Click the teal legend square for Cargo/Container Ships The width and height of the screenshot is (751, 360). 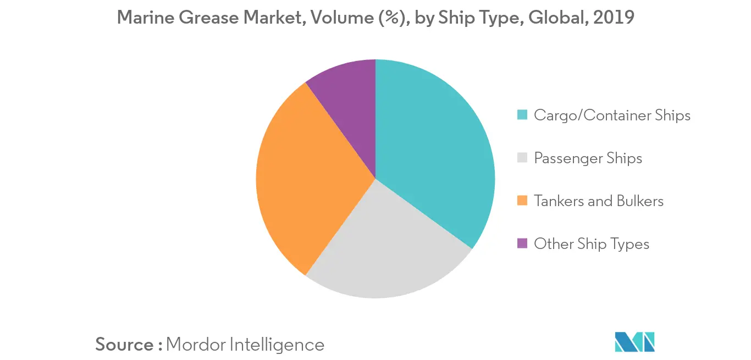pyautogui.click(x=523, y=115)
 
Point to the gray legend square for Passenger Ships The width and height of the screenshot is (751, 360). pyautogui.click(x=523, y=158)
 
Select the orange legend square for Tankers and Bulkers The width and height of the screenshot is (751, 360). pyautogui.click(x=523, y=201)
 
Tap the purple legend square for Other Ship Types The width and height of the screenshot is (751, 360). pyautogui.click(x=523, y=243)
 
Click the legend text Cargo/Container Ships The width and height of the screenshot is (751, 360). pyautogui.click(x=612, y=115)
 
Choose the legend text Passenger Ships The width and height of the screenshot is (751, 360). pyautogui.click(x=588, y=158)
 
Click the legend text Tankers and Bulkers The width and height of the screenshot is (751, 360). pyautogui.click(x=598, y=201)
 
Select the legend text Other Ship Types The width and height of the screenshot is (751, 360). pyautogui.click(x=592, y=243)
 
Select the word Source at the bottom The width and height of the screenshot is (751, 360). pyautogui.click(x=125, y=345)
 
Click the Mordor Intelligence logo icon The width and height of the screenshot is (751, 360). pyautogui.click(x=635, y=341)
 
